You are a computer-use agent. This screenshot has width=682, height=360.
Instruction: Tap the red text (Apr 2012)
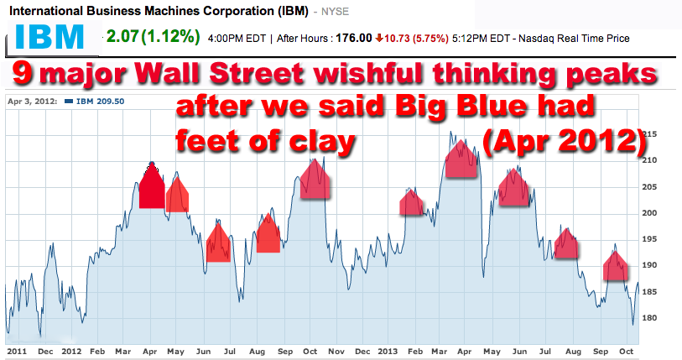565,138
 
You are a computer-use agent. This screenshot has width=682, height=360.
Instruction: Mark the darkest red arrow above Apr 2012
152,188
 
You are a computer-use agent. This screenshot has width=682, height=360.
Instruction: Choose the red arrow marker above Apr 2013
461,159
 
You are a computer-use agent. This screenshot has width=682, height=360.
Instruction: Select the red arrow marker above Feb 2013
412,203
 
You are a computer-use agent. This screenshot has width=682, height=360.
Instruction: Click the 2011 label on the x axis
17,352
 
